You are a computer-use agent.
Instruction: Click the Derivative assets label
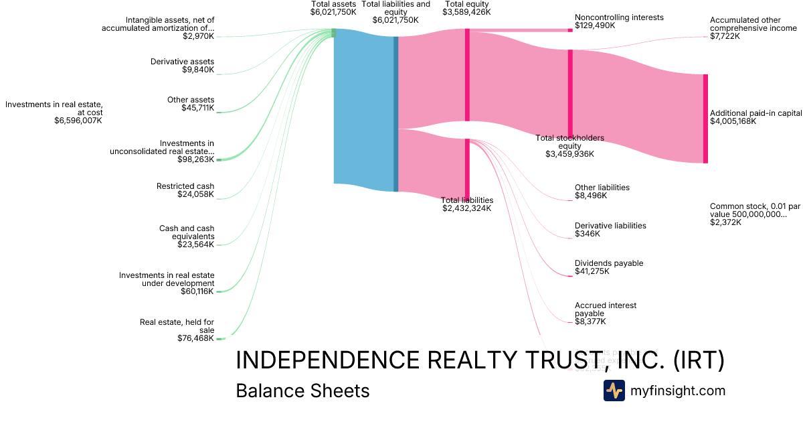click(x=182, y=62)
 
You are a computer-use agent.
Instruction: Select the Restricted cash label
click(x=185, y=186)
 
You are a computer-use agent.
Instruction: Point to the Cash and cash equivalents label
click(x=187, y=232)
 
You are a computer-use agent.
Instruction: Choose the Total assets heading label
click(x=333, y=4)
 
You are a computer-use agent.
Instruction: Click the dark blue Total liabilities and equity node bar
click(x=396, y=114)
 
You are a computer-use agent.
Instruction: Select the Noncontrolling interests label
click(x=619, y=17)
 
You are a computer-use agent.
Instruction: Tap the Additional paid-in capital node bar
click(x=705, y=119)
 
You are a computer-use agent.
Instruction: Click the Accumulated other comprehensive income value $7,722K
click(x=725, y=36)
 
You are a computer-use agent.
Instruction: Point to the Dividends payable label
click(x=609, y=263)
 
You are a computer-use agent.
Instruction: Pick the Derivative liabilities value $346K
click(x=588, y=234)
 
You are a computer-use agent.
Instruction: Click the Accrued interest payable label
click(x=606, y=309)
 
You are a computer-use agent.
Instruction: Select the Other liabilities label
click(x=602, y=188)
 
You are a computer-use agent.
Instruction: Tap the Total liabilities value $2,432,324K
click(x=466, y=208)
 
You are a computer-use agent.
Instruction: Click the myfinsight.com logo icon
click(x=614, y=391)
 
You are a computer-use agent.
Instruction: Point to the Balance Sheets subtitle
click(x=302, y=391)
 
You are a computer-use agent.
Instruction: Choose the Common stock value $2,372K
click(x=725, y=222)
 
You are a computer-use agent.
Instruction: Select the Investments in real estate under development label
click(x=167, y=279)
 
